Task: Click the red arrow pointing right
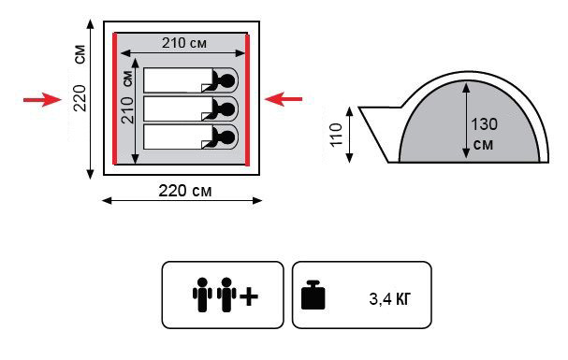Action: tap(42, 99)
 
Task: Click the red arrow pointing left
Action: tap(284, 99)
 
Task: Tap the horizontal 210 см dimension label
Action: tap(184, 43)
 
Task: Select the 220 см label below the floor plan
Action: tap(184, 191)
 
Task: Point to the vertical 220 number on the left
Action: tap(80, 98)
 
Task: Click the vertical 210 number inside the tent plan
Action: tap(127, 110)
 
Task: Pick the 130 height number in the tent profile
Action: tap(484, 124)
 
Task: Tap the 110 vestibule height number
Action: tap(336, 135)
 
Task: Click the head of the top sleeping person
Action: tap(227, 80)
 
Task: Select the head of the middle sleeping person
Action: tap(227, 108)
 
